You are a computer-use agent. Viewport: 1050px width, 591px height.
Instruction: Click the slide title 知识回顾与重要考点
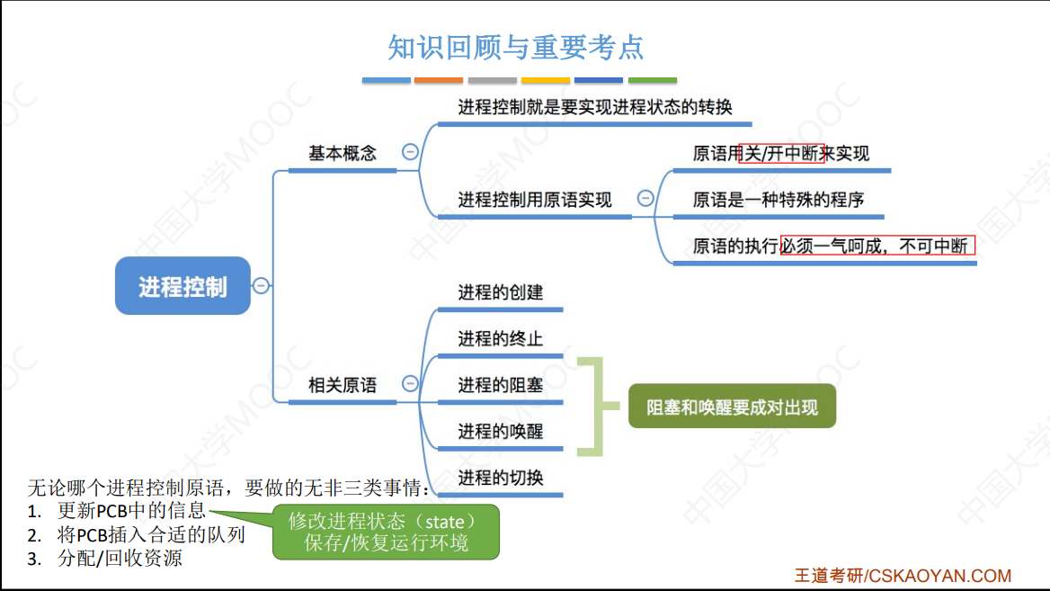[x=515, y=47]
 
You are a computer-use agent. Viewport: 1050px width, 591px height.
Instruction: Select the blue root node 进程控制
[x=182, y=287]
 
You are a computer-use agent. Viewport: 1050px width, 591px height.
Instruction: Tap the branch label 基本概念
[x=342, y=153]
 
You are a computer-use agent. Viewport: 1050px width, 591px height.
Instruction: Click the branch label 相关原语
[x=342, y=385]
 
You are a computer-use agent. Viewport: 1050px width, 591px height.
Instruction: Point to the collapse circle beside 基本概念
[x=410, y=153]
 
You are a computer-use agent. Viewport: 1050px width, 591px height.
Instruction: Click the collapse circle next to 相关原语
[x=410, y=384]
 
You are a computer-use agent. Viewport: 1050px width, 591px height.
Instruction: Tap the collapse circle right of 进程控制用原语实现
[x=645, y=199]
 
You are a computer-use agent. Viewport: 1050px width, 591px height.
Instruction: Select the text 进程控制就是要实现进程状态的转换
[x=595, y=107]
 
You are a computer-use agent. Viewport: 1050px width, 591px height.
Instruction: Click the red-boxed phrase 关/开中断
[x=781, y=154]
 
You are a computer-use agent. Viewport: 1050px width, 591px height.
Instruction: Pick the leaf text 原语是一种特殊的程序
[x=778, y=200]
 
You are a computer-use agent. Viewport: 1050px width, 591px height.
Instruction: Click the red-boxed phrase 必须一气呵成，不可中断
[x=876, y=246]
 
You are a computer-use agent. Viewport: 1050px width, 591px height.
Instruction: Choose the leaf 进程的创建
[x=500, y=292]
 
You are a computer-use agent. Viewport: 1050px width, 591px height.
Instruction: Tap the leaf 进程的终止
[x=500, y=339]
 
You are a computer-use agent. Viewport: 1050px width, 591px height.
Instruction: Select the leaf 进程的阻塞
[x=500, y=386]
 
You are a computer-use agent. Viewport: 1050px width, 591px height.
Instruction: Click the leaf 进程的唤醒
[x=500, y=432]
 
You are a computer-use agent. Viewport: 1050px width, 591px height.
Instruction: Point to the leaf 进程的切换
[x=500, y=478]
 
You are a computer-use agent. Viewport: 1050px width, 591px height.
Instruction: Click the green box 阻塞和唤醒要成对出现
[x=732, y=407]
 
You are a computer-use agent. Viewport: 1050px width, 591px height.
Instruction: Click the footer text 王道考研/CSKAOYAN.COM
[x=903, y=576]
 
